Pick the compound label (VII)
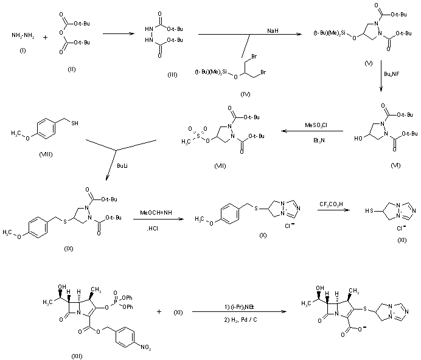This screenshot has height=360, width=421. (x=221, y=165)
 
